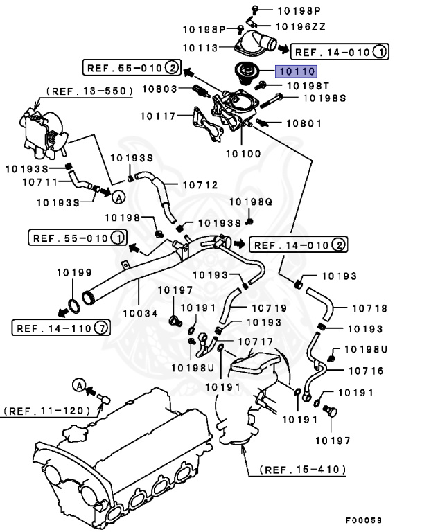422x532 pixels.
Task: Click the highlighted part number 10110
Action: pyautogui.click(x=297, y=71)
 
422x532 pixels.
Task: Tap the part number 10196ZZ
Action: pyautogui.click(x=301, y=26)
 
